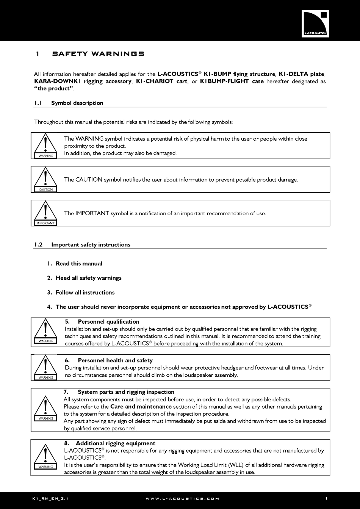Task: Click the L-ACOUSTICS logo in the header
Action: coord(315,24)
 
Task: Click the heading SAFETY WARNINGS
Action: coord(98,54)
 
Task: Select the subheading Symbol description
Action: coord(77,103)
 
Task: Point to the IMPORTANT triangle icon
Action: coord(45,213)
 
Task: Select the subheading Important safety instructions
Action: coord(91,245)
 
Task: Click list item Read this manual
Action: coord(79,264)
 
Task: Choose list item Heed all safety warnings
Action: coord(88,278)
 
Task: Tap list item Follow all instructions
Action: coord(85,293)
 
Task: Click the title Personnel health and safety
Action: coord(115,360)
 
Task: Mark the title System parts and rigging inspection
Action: coord(126,392)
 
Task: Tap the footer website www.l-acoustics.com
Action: coord(182,499)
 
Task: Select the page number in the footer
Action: coord(326,499)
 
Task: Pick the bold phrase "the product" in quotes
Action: coord(53,89)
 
